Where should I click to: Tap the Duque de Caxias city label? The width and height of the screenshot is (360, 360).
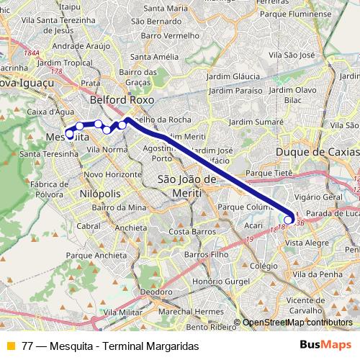click(318, 153)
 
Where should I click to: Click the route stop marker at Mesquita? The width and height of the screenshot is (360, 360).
click(70, 134)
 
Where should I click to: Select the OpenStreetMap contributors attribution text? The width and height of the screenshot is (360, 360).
click(297, 323)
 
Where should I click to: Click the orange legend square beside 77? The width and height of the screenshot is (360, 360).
click(10, 346)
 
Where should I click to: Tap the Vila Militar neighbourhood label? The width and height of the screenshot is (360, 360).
click(122, 312)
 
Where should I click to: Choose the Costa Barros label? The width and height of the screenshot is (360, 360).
click(188, 232)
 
